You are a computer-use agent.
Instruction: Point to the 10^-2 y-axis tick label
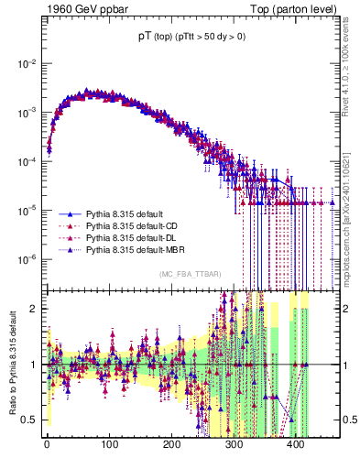[x=27, y=63]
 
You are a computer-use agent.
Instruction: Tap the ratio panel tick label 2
[x=33, y=309]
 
